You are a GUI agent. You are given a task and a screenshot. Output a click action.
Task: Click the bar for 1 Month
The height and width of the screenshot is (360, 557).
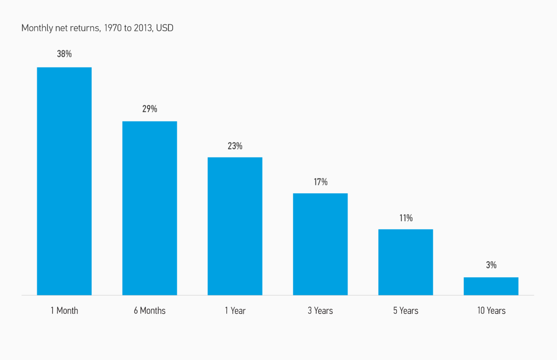(64, 181)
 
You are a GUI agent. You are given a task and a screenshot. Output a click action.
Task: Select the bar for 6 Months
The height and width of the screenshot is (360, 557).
(150, 208)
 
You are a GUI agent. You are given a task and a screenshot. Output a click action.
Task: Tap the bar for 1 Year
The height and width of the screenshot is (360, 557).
(235, 226)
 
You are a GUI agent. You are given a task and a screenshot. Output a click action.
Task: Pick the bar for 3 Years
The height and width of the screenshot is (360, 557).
(320, 244)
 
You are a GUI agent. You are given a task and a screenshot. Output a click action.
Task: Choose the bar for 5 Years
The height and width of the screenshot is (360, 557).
(406, 262)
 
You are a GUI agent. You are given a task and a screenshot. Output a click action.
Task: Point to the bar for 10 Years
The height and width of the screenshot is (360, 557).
(491, 286)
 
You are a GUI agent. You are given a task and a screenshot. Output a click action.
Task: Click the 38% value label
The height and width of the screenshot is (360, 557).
(64, 54)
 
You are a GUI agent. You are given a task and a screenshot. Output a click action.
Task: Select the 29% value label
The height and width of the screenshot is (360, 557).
(150, 109)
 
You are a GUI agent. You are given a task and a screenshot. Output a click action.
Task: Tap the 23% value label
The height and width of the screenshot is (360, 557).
(235, 146)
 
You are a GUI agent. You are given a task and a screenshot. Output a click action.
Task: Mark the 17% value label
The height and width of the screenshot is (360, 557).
(320, 182)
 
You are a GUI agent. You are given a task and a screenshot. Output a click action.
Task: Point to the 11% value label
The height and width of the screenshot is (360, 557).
(406, 218)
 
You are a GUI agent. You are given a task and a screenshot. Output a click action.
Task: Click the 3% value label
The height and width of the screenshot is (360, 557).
(491, 265)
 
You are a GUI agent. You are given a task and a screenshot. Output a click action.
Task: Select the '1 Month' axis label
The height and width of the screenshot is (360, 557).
(64, 311)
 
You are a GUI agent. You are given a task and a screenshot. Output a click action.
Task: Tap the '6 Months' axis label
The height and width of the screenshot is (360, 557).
(150, 311)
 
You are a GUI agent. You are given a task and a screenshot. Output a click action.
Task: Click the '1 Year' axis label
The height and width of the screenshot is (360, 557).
(235, 311)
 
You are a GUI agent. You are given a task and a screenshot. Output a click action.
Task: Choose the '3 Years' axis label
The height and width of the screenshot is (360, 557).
(320, 311)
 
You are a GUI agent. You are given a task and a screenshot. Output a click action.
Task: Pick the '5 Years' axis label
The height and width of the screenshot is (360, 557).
(406, 311)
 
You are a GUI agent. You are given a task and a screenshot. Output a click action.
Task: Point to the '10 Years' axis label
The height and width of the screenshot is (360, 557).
(491, 311)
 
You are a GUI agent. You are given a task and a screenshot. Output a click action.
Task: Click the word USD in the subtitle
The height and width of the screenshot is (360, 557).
(165, 28)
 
